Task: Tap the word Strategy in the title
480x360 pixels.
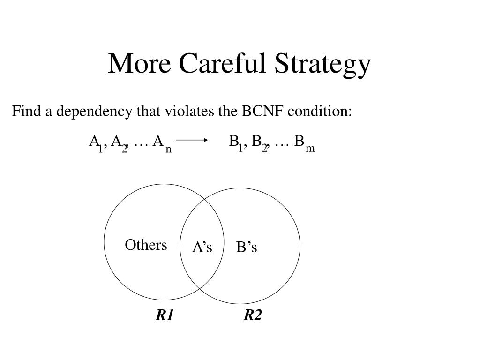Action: pos(322,65)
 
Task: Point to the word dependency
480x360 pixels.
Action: pos(94,112)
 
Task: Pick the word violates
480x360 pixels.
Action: pos(189,111)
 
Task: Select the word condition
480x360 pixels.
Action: pos(320,111)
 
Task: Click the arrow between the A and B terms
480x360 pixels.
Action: pos(192,140)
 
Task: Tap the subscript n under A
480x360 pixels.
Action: pos(168,150)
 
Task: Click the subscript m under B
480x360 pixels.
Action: pos(310,149)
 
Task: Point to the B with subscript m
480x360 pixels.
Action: pos(299,141)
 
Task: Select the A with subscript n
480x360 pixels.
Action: pos(158,141)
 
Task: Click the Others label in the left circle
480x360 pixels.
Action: pos(146,245)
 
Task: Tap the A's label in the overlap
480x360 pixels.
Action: pos(202,247)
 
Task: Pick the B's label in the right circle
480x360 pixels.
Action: pos(247,247)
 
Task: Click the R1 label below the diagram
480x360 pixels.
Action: pos(165,315)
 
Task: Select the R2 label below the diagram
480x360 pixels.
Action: pos(253,315)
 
